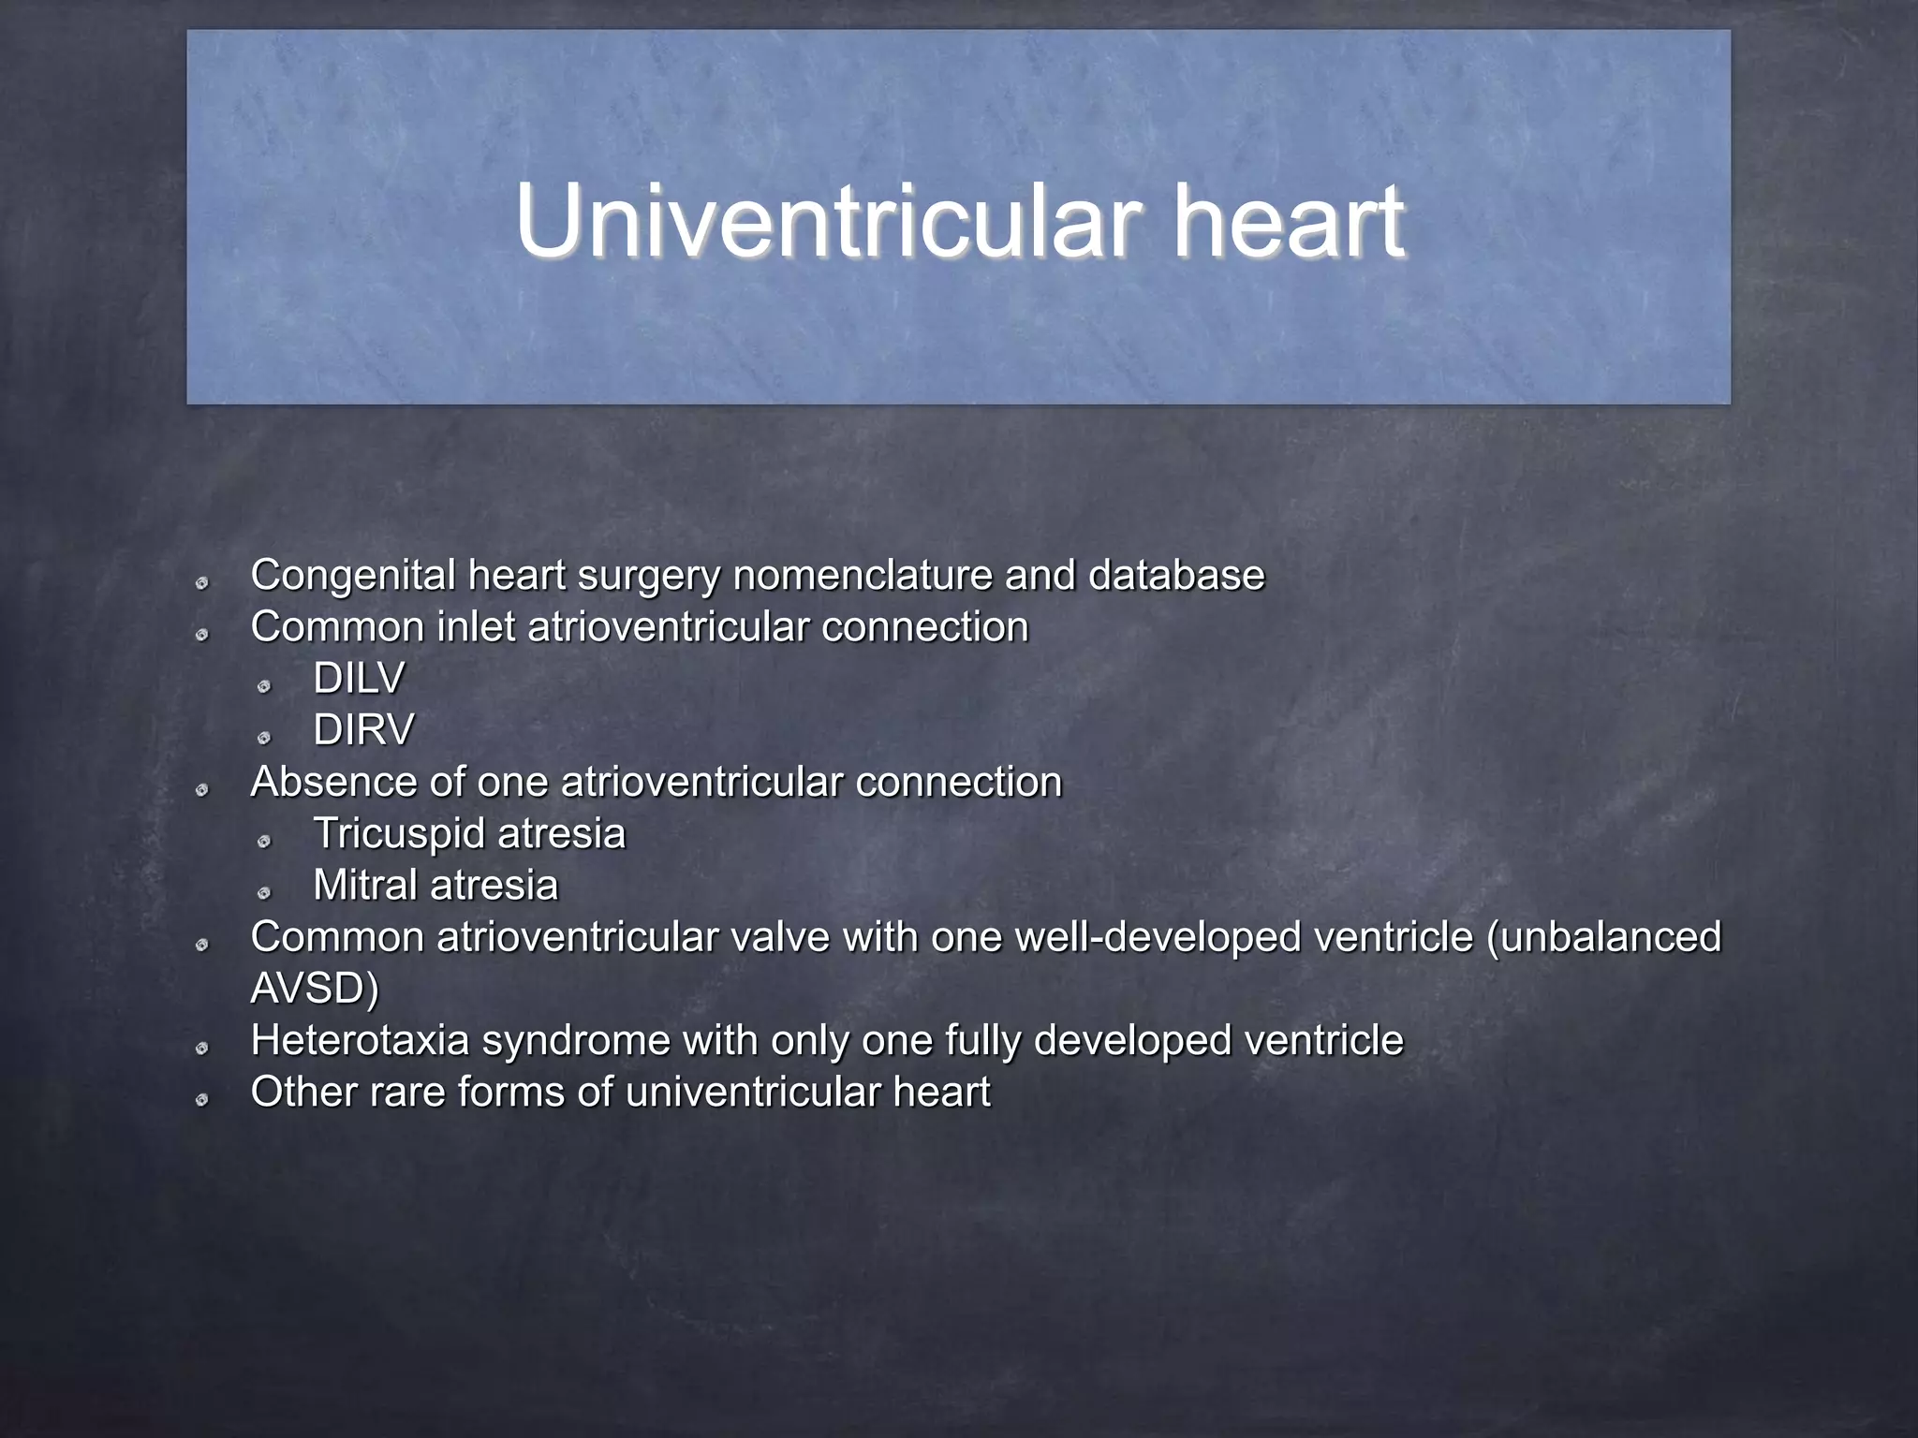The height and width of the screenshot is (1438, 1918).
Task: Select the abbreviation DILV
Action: coord(359,679)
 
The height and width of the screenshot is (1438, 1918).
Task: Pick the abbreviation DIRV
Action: coord(362,730)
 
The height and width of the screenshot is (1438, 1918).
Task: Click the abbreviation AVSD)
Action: coord(315,989)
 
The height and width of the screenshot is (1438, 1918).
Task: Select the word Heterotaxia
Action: coord(360,1040)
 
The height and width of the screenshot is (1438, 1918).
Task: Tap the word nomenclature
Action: coord(863,575)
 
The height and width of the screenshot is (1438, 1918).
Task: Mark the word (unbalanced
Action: coord(1604,937)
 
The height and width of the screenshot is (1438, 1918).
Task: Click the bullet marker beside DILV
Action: coord(264,686)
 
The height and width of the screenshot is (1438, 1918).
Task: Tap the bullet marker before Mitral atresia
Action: coord(264,893)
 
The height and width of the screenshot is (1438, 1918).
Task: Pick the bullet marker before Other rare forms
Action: coord(201,1100)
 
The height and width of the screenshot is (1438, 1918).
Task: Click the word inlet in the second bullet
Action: coord(476,627)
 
